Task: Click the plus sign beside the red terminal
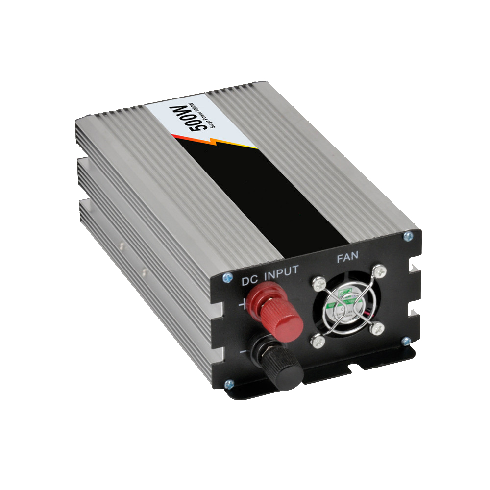point(243,305)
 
